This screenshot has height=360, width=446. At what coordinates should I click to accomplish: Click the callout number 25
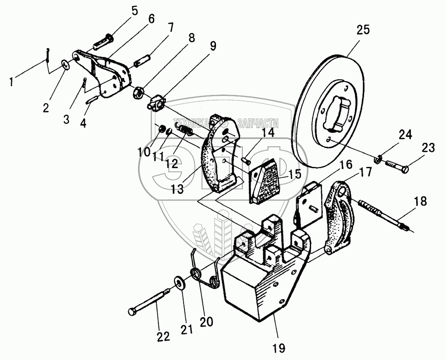[363, 30]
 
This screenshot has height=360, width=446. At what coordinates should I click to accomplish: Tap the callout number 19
[279, 348]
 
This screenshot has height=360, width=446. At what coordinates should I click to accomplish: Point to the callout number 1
[14, 81]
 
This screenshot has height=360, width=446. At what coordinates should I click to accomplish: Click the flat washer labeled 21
[180, 283]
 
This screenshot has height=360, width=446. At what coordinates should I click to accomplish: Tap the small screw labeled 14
[245, 160]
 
